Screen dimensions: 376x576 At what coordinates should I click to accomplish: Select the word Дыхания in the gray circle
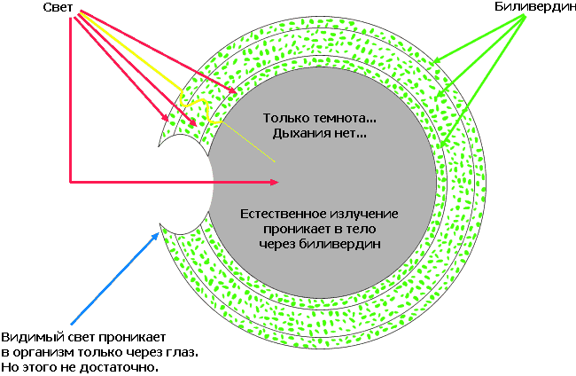pyautogui.click(x=296, y=134)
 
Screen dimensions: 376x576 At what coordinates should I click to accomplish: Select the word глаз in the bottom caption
pyautogui.click(x=181, y=352)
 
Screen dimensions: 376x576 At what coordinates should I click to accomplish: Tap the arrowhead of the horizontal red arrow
pyautogui.click(x=275, y=183)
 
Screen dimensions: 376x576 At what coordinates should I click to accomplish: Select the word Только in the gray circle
pyautogui.click(x=284, y=119)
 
